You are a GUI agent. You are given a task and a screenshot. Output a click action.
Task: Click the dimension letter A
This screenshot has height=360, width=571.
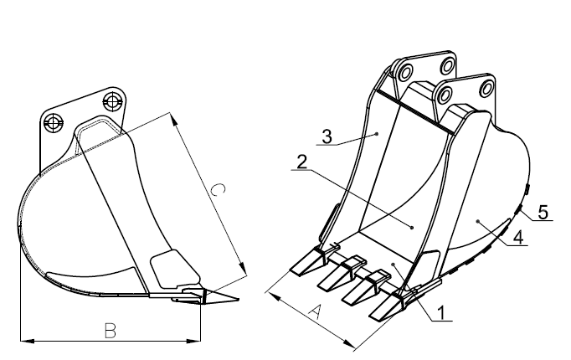coord(316,312)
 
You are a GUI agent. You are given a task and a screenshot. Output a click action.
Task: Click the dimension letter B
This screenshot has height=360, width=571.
coord(111,331)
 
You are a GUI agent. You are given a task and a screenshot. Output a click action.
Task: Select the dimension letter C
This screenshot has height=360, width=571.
coord(219,190)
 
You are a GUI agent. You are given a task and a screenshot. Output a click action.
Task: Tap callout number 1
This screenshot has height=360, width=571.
coord(441,312)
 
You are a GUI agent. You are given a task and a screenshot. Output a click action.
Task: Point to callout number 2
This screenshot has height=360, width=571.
coord(302,162)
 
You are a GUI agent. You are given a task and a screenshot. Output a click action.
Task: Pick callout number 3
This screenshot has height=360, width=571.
coord(327,136)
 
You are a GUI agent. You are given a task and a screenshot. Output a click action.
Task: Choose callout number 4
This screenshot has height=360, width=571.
coord(518,237)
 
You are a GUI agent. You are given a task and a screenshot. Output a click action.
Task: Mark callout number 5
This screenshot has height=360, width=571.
coord(543,212)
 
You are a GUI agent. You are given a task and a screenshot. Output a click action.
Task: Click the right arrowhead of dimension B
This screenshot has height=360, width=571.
coord(193,341)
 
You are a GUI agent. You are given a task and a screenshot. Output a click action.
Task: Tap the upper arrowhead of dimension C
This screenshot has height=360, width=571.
coord(173,120)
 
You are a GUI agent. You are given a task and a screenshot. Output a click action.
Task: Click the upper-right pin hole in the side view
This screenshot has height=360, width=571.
coord(111,101)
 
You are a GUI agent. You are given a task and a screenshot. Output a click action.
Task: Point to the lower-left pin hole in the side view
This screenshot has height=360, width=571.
coord(54,123)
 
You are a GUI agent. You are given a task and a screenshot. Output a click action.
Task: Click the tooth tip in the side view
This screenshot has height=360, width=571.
coord(239,300)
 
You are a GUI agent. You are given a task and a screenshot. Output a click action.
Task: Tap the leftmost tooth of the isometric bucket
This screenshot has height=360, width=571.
coord(309,261)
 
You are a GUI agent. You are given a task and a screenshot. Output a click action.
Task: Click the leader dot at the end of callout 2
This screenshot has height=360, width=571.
coord(412,228)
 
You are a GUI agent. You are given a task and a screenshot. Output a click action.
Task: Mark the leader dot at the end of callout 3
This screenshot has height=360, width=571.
coord(378,134)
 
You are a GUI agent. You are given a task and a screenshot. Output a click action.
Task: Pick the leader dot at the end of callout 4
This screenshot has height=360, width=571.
coord(478,220)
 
